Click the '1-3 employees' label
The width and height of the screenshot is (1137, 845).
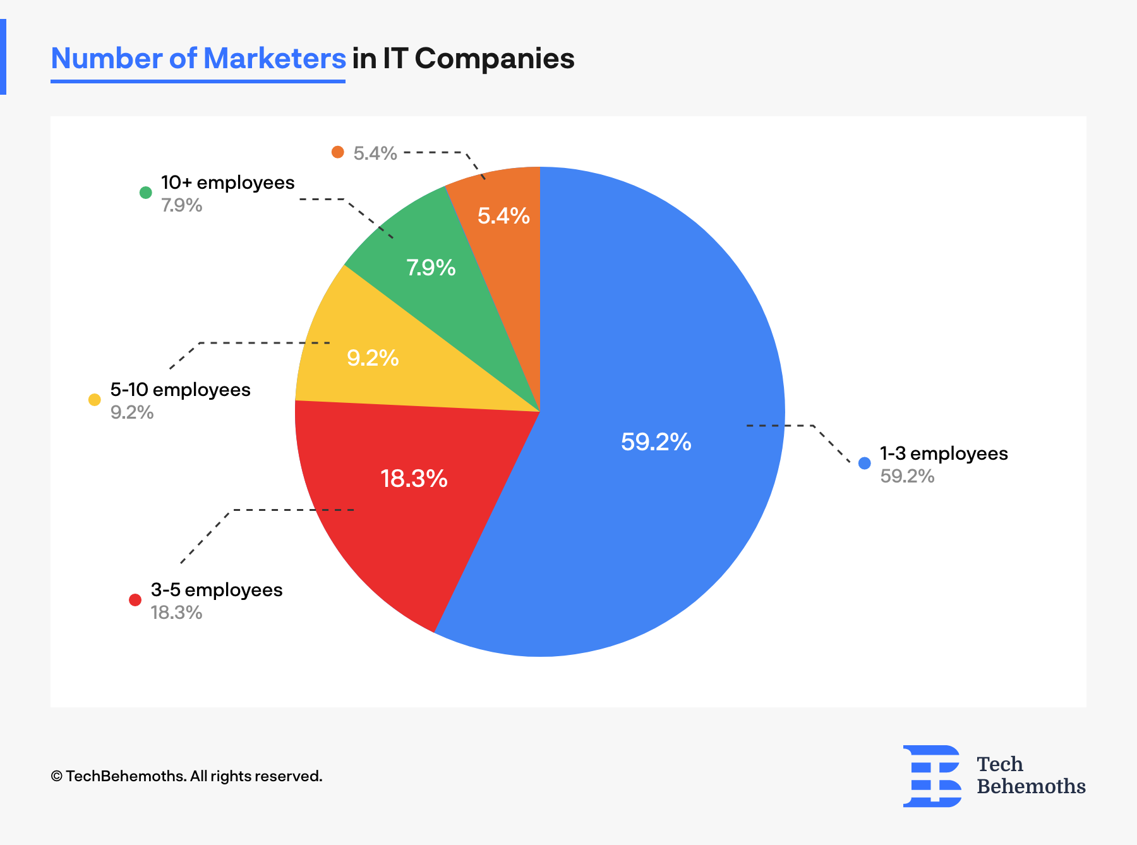click(x=944, y=453)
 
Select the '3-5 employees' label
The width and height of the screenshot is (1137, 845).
click(x=217, y=590)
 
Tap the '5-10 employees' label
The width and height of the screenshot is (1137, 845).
click(x=180, y=390)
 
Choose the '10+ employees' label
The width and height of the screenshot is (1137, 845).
click(x=227, y=183)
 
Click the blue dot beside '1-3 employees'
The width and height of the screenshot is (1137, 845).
click(x=865, y=464)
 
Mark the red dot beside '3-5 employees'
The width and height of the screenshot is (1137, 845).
click(x=135, y=600)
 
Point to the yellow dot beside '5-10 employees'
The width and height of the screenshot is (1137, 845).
click(x=95, y=400)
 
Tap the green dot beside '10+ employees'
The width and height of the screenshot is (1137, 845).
click(x=146, y=193)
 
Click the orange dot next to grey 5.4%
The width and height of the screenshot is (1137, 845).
click(x=338, y=152)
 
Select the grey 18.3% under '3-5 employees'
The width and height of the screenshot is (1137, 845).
click(x=176, y=613)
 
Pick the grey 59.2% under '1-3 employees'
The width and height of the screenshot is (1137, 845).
click(x=907, y=476)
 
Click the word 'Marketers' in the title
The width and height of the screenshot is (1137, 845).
click(x=274, y=59)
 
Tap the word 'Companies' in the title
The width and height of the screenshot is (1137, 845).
click(x=495, y=59)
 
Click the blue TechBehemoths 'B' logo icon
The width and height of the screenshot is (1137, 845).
click(x=932, y=776)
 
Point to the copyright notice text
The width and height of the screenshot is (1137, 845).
click(x=186, y=776)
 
